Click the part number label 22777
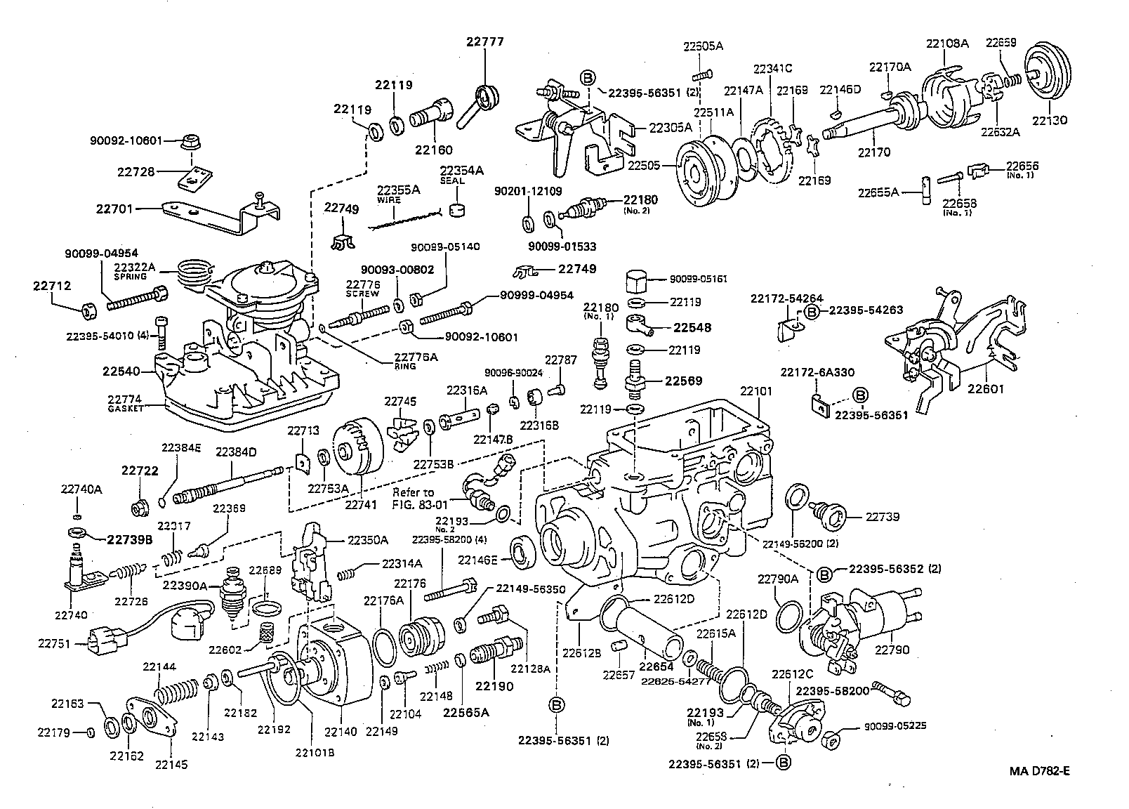484,41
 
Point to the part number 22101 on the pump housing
755,390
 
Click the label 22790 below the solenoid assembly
892,650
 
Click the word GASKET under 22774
126,408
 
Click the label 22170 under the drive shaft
874,151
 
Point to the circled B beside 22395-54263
812,311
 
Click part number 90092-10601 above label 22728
126,140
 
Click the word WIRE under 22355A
388,200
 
